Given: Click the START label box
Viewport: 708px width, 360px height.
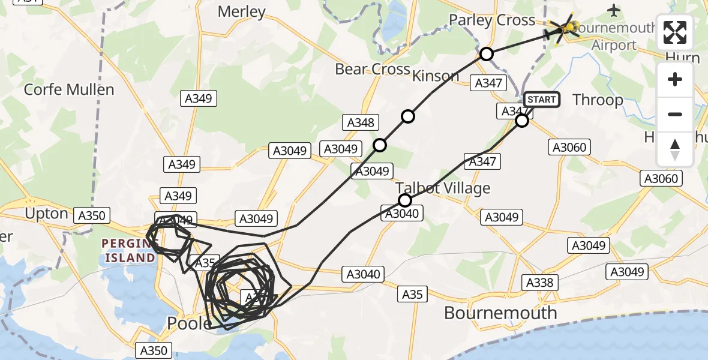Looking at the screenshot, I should [542, 100].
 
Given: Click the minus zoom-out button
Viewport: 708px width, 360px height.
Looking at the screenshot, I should [675, 114].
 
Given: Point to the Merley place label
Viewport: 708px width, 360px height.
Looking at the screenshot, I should [241, 11].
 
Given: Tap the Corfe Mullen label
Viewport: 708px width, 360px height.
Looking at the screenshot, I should [69, 90].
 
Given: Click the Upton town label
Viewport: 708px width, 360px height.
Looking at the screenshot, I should [46, 214].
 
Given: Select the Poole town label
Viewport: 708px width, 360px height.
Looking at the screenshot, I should [189, 324].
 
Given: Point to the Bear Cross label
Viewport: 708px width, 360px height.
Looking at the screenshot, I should [373, 69].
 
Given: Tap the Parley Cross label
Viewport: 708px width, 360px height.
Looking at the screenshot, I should [492, 20].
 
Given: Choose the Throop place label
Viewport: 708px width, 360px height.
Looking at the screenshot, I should [598, 100].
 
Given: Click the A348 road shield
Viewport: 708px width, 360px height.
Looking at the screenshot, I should [361, 123].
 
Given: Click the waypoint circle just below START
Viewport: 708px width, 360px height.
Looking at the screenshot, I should [522, 121].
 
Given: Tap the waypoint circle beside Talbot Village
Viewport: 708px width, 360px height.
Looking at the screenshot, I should [405, 200].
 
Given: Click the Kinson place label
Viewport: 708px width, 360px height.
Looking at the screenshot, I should [436, 76].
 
